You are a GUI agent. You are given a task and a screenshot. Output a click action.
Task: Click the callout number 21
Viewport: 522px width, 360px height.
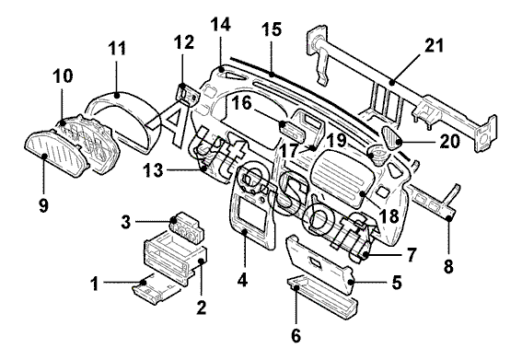pos(434,46)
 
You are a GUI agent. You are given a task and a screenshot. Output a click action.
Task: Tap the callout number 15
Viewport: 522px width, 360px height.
pos(272,29)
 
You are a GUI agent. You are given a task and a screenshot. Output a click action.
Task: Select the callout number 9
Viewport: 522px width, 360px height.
pos(43,205)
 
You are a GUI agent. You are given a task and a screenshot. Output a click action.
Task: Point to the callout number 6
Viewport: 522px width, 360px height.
pos(296,335)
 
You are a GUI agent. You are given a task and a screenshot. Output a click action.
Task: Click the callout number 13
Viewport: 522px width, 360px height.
pos(153,171)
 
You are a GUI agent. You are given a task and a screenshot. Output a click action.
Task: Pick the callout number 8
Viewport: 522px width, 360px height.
pos(448,266)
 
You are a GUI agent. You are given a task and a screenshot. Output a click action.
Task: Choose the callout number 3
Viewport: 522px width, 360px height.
pos(126,222)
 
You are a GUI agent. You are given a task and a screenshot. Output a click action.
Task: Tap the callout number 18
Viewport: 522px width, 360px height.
pos(389,216)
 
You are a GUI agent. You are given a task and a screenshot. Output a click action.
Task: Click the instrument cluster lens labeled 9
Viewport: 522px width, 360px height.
pos(55,155)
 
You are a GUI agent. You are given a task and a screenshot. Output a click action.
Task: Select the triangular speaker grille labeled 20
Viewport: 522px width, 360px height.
pos(392,136)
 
